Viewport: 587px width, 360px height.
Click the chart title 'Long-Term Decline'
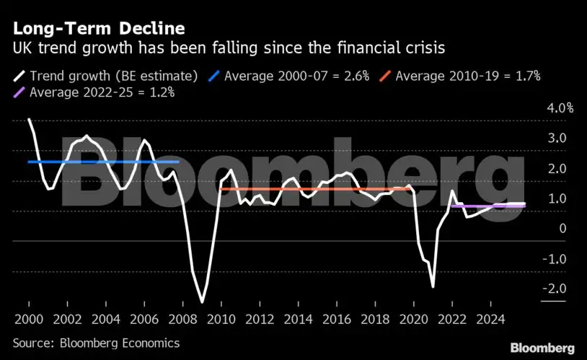click(98, 29)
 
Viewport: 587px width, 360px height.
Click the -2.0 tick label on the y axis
click(556, 289)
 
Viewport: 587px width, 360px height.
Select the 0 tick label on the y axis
click(562, 229)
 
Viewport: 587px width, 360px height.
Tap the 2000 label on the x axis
click(28, 319)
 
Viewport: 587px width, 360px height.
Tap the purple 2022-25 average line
click(487, 206)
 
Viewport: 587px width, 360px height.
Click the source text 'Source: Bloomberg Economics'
click(96, 343)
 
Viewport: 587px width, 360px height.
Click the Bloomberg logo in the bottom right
click(542, 348)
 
